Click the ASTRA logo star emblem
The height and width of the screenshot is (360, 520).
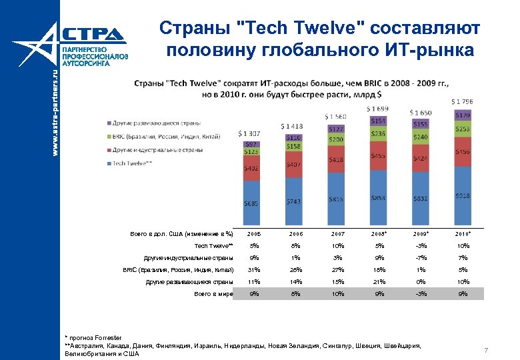[x=35, y=50]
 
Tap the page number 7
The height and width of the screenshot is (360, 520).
[x=487, y=351]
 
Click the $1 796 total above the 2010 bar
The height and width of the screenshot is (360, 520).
[x=461, y=101]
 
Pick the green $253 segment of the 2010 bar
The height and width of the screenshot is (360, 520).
[x=461, y=129]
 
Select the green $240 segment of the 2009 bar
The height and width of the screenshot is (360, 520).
[x=420, y=137]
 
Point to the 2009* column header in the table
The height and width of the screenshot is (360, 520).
[x=421, y=235]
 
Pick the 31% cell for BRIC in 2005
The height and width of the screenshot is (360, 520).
[x=253, y=270]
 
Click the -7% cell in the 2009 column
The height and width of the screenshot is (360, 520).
[x=421, y=258]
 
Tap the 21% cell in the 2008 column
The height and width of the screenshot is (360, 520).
[x=378, y=282]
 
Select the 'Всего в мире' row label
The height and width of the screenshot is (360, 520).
[x=213, y=294]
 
